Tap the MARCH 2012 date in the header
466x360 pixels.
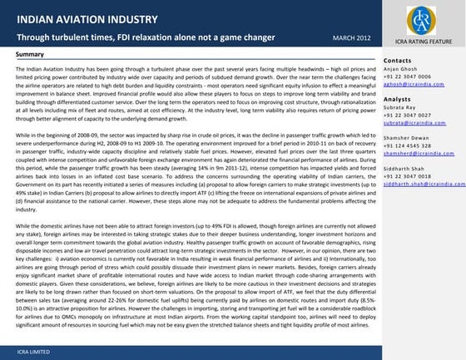coord(340,37)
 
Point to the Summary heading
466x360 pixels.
coord(30,54)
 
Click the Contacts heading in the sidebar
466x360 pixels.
coord(400,61)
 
